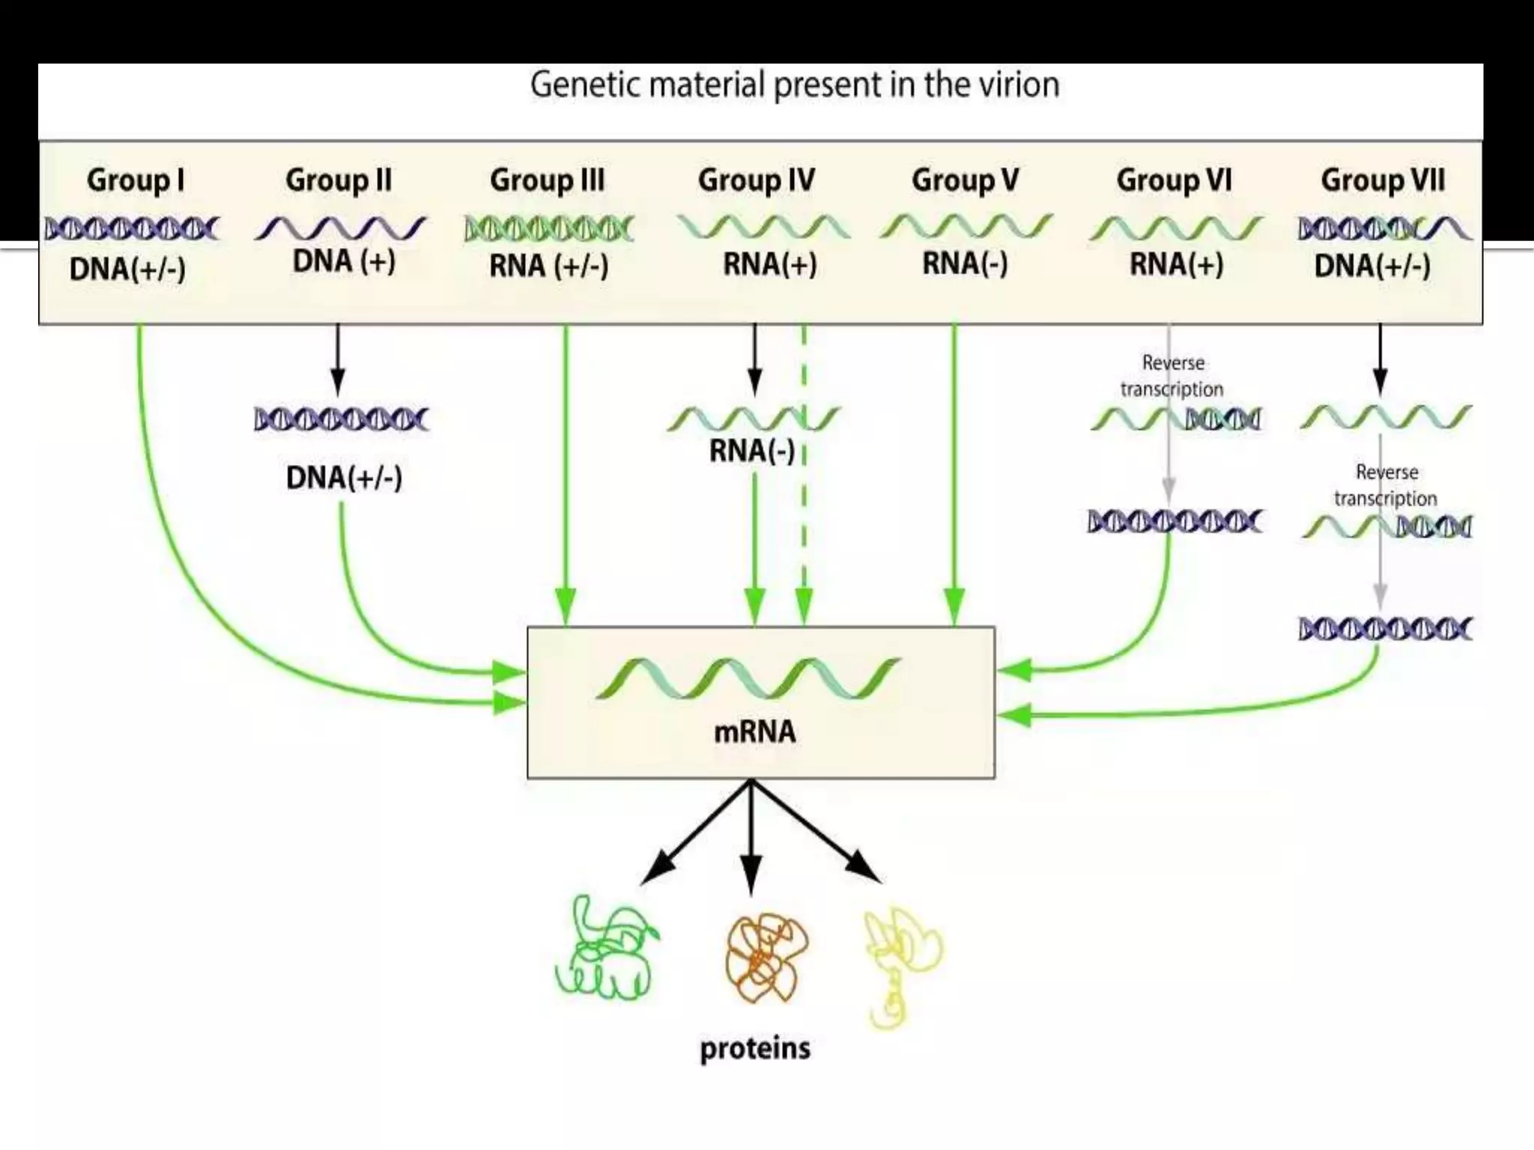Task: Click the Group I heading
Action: coord(136,180)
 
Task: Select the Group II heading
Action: coord(339,180)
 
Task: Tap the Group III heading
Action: coord(547,180)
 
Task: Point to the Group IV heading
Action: coord(757,180)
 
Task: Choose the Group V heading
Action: coord(965,180)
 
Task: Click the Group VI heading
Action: coord(1174,180)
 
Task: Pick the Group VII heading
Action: coord(1383,180)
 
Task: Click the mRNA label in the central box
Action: coord(755,731)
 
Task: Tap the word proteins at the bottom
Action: coord(755,1048)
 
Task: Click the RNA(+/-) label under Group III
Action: coord(548,266)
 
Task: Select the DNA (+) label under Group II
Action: coord(344,261)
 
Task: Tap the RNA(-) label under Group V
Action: coord(965,264)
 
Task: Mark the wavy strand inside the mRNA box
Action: coord(749,678)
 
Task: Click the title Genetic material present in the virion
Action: coord(795,85)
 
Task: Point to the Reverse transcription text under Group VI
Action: coord(1172,376)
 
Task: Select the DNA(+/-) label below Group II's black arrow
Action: coord(344,478)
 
